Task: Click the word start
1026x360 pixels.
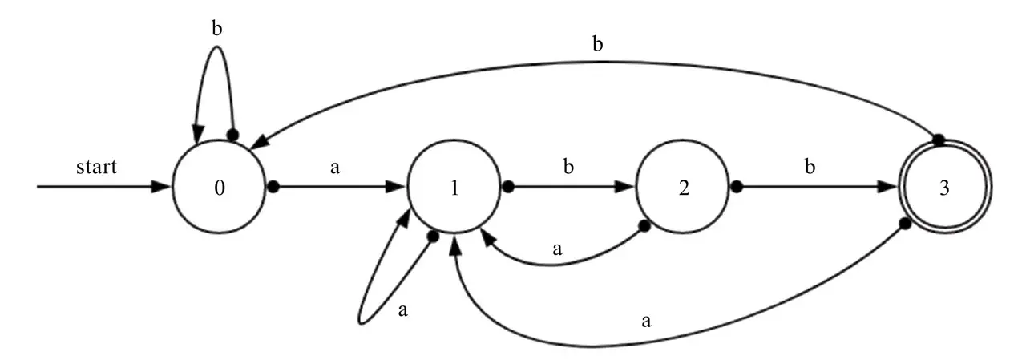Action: [96, 168]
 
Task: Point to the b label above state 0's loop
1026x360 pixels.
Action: [216, 29]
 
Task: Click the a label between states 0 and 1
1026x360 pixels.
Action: [335, 170]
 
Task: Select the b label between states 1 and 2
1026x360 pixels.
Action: [569, 170]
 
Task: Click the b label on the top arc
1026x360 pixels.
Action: [597, 45]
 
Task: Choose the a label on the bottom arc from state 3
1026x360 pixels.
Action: [646, 322]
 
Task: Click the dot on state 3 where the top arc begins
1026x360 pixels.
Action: [936, 137]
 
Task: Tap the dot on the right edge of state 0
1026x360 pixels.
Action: [273, 188]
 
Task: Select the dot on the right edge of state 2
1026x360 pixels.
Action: [737, 188]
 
